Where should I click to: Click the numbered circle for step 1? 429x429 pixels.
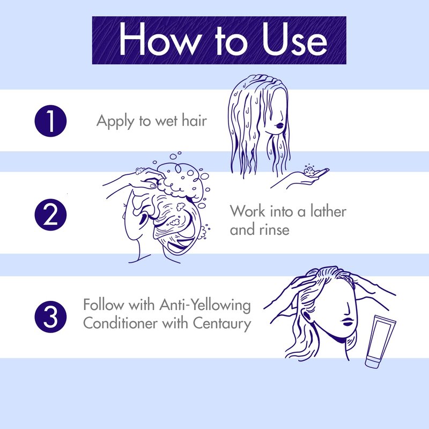coord(50,121)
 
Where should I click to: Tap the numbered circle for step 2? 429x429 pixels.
coord(50,214)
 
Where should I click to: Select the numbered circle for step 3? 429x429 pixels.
coord(50,317)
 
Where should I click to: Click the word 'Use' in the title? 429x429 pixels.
coord(294,39)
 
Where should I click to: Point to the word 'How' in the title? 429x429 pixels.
coord(160,39)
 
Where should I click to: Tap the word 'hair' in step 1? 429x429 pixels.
coord(194,120)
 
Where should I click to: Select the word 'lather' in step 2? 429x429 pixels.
coord(328,211)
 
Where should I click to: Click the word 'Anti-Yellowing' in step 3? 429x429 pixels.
coord(205,305)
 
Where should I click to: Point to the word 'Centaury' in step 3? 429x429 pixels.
coord(222,323)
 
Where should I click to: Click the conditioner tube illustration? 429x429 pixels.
coord(380,341)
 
